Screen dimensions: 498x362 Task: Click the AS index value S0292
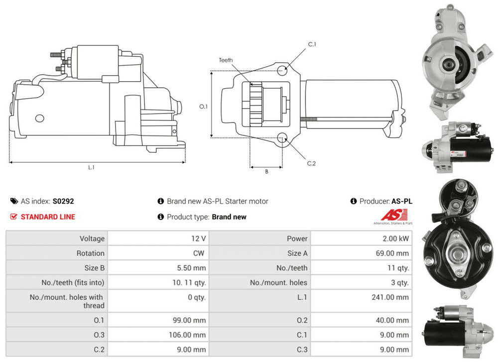(63, 201)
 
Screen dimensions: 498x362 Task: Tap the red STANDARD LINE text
(48, 217)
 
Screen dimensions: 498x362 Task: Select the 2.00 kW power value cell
(362, 239)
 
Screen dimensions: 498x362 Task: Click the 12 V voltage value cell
(158, 239)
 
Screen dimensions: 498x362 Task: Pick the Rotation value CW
(199, 253)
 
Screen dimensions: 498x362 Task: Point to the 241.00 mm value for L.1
(390, 297)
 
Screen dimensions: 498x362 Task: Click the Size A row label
(297, 253)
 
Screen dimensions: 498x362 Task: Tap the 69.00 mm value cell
(362, 253)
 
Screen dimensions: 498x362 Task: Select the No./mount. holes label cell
(260, 283)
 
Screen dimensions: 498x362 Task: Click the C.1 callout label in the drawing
(312, 44)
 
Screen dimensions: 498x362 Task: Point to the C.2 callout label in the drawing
(311, 163)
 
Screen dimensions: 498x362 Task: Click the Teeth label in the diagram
(226, 60)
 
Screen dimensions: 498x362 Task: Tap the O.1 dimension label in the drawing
(203, 107)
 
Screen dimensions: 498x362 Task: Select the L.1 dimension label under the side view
(92, 167)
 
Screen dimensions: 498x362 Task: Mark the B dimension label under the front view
(267, 171)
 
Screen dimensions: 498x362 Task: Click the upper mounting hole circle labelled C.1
(282, 70)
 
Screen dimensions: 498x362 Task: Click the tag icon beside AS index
(14, 201)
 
